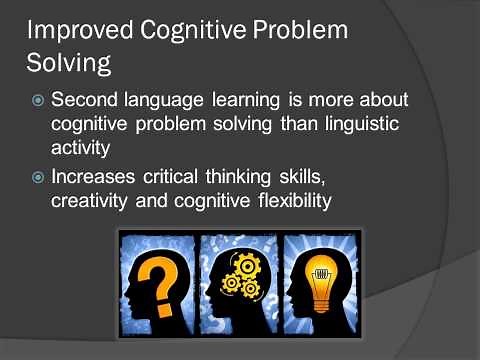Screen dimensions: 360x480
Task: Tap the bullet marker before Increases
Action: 37,177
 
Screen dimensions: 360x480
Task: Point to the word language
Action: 169,102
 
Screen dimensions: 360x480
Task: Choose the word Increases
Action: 99,177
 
